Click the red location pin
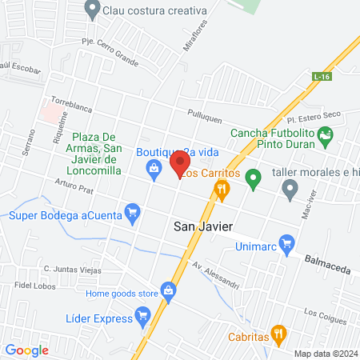179,165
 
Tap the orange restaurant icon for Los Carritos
222,190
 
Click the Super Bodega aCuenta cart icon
133,214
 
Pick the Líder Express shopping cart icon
143,318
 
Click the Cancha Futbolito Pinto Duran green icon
326,137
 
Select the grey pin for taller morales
290,189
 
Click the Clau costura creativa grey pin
92,10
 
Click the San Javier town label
203,227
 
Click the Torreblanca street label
72,103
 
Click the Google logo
27,350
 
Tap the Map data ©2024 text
325,354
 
